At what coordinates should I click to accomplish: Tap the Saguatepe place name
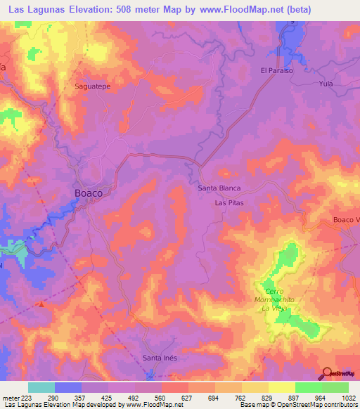click(91, 86)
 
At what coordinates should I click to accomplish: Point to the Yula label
click(325, 84)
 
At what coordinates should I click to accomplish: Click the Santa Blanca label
click(219, 188)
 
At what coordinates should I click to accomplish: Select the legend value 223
click(27, 397)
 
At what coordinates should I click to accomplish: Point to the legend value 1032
click(339, 397)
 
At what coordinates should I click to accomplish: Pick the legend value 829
click(261, 397)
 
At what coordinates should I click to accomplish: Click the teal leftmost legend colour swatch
click(41, 387)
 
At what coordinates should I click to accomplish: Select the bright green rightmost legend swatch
click(335, 387)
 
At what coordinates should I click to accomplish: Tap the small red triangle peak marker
click(41, 304)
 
